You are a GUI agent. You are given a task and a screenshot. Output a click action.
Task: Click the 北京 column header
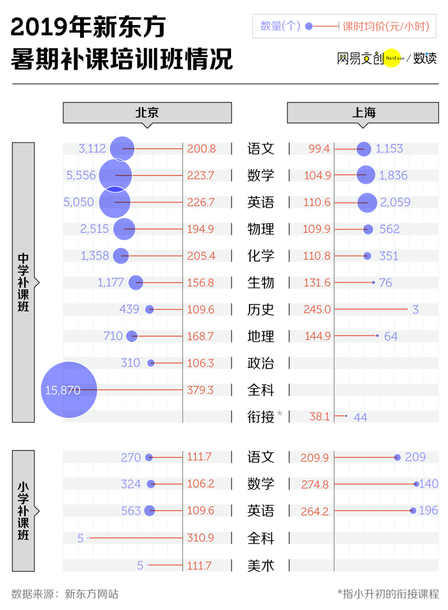[147, 113]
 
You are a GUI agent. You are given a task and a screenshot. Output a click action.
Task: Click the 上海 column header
[363, 113]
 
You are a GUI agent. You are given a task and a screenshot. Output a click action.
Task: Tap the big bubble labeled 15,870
[69, 389]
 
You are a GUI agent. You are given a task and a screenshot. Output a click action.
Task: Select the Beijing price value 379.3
[200, 390]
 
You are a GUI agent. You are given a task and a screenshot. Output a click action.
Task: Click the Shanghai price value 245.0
[317, 309]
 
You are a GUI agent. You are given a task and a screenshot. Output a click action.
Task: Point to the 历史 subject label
[260, 310]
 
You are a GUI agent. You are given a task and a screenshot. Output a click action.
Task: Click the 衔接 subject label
[260, 417]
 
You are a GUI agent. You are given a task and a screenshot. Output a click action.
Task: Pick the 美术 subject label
[260, 565]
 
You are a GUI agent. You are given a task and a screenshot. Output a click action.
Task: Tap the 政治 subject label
[260, 363]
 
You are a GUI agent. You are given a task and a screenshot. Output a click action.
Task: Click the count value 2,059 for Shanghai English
[395, 202]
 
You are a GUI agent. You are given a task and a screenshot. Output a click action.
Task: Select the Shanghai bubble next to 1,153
[364, 149]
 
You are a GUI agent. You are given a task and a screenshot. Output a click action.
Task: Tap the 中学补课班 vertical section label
[23, 282]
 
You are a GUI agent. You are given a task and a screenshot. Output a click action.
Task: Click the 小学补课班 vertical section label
[23, 510]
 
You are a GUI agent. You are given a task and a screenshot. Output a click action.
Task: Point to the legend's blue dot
[308, 26]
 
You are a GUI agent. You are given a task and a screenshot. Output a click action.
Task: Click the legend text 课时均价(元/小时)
[386, 26]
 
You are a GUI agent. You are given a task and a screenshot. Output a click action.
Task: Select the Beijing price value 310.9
[200, 538]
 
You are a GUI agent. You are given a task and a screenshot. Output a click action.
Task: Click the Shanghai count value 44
[360, 417]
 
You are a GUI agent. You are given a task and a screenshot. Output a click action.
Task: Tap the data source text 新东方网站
[92, 594]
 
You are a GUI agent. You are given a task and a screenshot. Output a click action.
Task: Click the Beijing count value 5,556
[81, 175]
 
